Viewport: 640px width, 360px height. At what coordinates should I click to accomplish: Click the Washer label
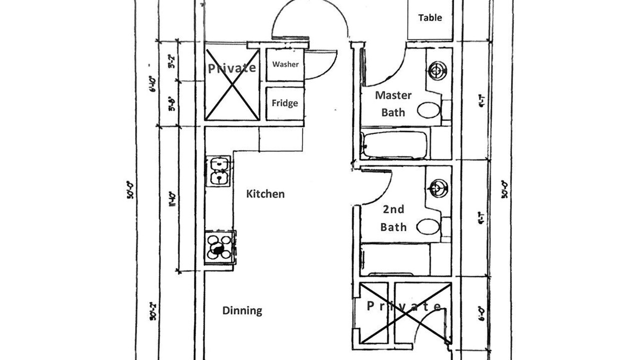tap(285, 64)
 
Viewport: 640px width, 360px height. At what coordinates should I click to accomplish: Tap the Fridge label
tap(285, 103)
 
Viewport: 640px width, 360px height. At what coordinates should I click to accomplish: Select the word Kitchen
tap(265, 194)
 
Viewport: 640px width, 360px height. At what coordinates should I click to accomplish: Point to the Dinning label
tap(242, 310)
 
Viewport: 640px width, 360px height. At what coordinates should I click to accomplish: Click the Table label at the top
tap(430, 17)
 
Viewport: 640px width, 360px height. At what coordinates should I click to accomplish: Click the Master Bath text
tap(393, 103)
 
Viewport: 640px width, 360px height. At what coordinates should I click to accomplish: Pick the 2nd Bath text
tap(393, 218)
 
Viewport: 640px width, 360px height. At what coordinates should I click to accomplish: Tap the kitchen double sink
tap(218, 171)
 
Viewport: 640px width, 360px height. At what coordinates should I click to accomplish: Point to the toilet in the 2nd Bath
tap(428, 226)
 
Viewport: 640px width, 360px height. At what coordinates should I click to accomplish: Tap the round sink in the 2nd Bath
tap(437, 188)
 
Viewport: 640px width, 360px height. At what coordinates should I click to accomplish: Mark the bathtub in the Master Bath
tap(395, 144)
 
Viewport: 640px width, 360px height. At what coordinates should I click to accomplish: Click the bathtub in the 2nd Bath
tap(395, 260)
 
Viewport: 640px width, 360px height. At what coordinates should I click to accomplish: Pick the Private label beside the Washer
tap(232, 68)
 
